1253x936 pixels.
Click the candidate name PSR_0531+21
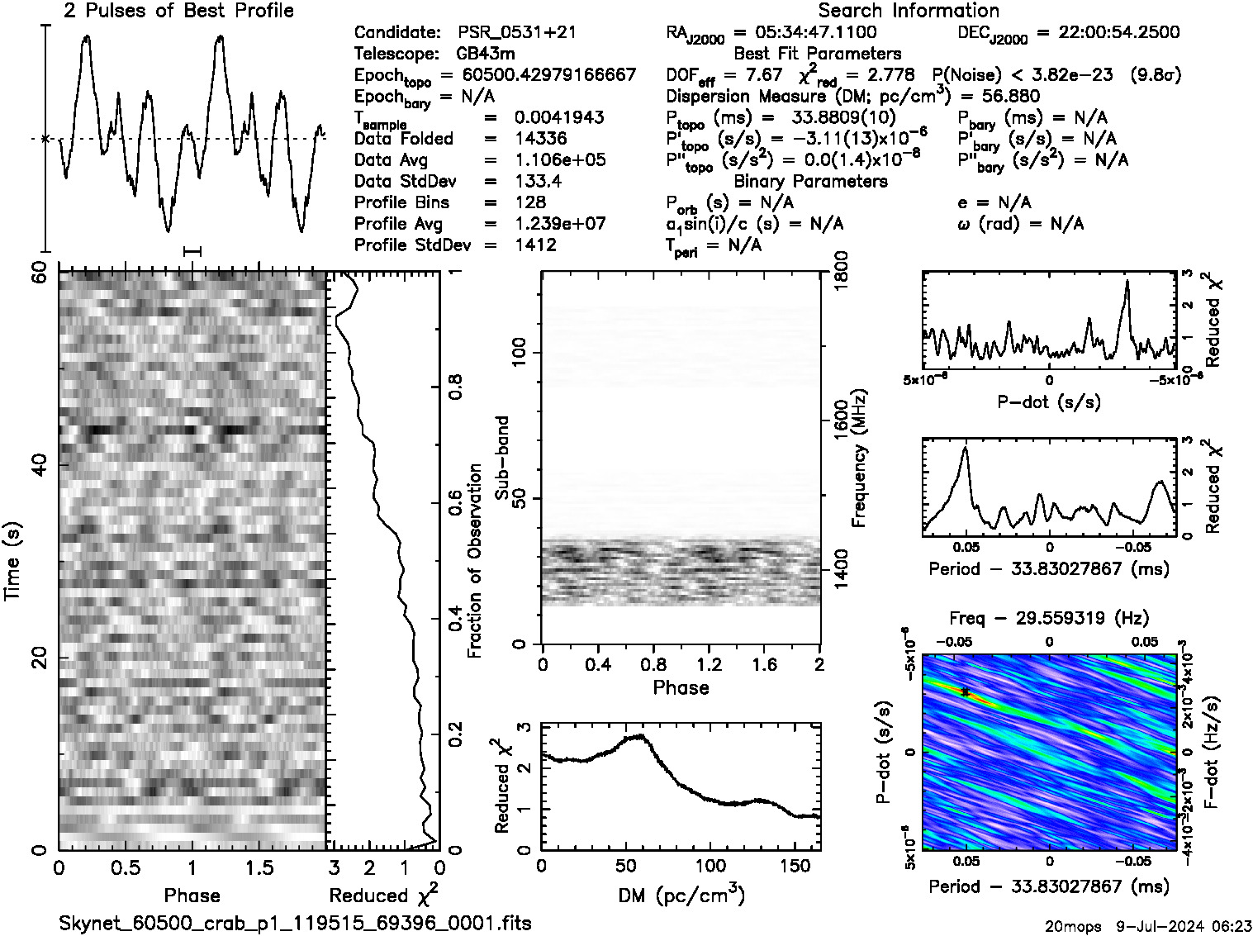(517, 33)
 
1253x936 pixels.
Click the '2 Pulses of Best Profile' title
(178, 11)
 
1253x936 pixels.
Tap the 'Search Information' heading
(909, 11)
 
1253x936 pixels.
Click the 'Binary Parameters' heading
(810, 182)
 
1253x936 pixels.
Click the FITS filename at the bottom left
(295, 923)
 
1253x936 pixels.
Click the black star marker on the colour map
(965, 692)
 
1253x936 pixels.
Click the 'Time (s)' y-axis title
(13, 560)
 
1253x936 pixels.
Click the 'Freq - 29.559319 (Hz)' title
(1049, 618)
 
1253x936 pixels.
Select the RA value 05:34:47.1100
(805, 33)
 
